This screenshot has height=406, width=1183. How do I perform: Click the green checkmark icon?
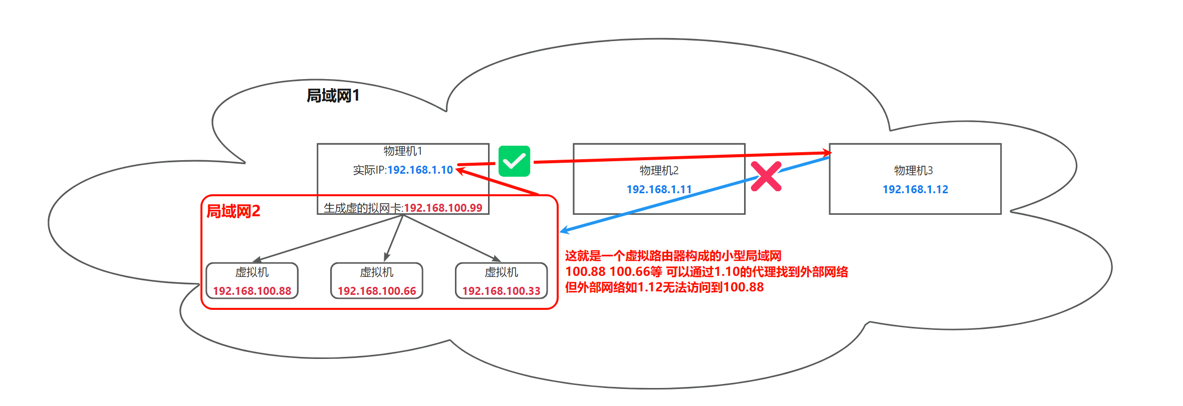514,161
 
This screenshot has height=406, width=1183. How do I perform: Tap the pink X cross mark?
766,176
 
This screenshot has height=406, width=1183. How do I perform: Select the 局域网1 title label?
333,96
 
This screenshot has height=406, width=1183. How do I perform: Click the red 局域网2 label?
233,211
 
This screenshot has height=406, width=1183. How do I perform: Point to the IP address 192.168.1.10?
420,170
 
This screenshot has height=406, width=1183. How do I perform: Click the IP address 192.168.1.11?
659,190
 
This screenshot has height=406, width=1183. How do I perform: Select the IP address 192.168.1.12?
915,190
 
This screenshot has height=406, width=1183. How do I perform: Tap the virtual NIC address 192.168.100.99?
443,208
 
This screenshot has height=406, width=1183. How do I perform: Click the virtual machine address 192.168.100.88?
252,291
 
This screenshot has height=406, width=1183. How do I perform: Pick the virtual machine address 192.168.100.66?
377,291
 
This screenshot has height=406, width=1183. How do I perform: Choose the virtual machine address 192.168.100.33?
501,291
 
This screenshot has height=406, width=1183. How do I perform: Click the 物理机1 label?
403,151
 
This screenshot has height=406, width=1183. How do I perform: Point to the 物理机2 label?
659,171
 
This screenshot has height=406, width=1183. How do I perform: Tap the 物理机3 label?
913,171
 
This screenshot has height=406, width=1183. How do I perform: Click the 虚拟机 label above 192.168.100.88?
252,272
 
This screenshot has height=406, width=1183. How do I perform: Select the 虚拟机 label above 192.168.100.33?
501,272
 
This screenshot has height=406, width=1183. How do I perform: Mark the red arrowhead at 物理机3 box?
827,152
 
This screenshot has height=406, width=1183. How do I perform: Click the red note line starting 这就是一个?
673,256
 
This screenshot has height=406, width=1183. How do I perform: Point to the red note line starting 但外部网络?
664,287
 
